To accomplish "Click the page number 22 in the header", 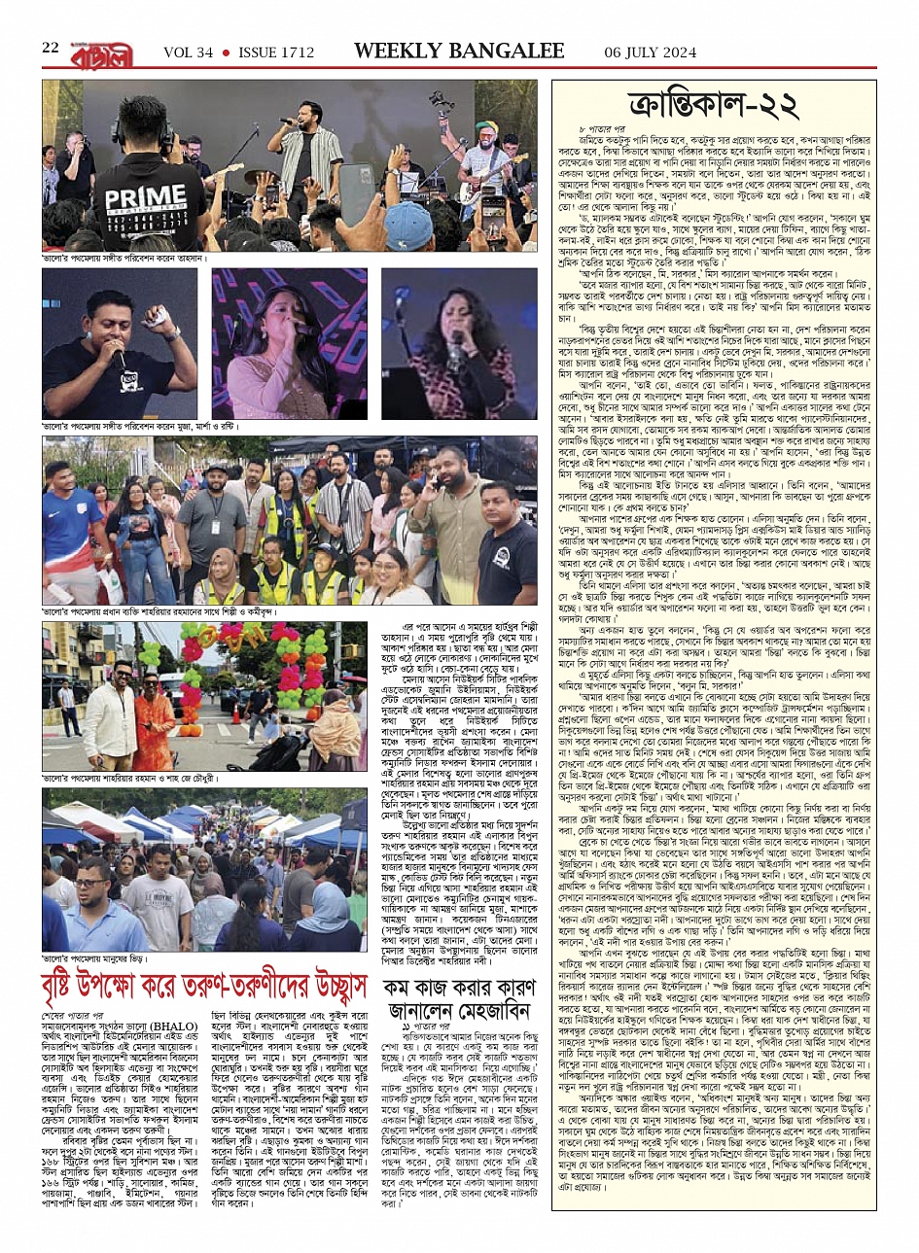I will coord(51,50).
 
